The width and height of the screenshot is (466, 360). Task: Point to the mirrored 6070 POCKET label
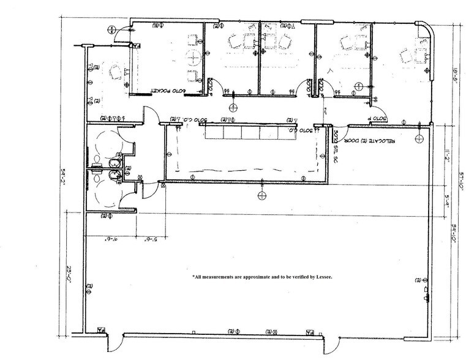pos(167,92)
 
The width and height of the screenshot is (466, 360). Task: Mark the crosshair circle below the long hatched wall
pos(262,195)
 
